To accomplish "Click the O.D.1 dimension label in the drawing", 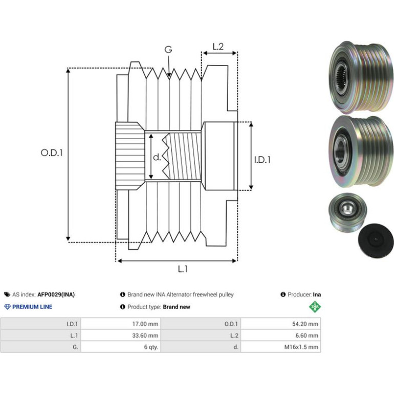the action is pos(52,152).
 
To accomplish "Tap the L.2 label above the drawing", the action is pos(218,47).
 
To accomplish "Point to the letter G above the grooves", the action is pos(168,50).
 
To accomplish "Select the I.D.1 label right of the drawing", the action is pos(262,160).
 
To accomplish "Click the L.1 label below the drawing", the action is pos(183,269).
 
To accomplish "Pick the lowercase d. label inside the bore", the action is pos(157,157).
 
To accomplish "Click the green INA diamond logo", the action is pos(315,307).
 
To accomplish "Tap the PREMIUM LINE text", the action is pos(32,307).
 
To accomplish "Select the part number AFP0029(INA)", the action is pos(56,295).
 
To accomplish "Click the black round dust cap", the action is pos(376,240).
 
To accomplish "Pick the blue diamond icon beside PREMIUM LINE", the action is pos(8,307).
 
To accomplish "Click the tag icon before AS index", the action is pos(7,295).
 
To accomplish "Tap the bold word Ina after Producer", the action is pos(317,295).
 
